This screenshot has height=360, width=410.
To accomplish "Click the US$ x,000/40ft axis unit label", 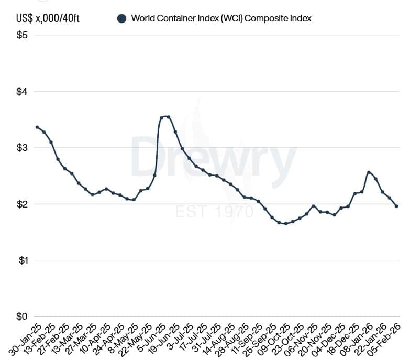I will click(x=49, y=18).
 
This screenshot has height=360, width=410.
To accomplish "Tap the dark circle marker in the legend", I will click(x=122, y=19).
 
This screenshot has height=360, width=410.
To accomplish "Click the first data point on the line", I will click(x=37, y=127).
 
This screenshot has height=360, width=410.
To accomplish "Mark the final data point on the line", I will click(x=396, y=206).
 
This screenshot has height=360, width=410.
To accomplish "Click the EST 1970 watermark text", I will click(x=215, y=212).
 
